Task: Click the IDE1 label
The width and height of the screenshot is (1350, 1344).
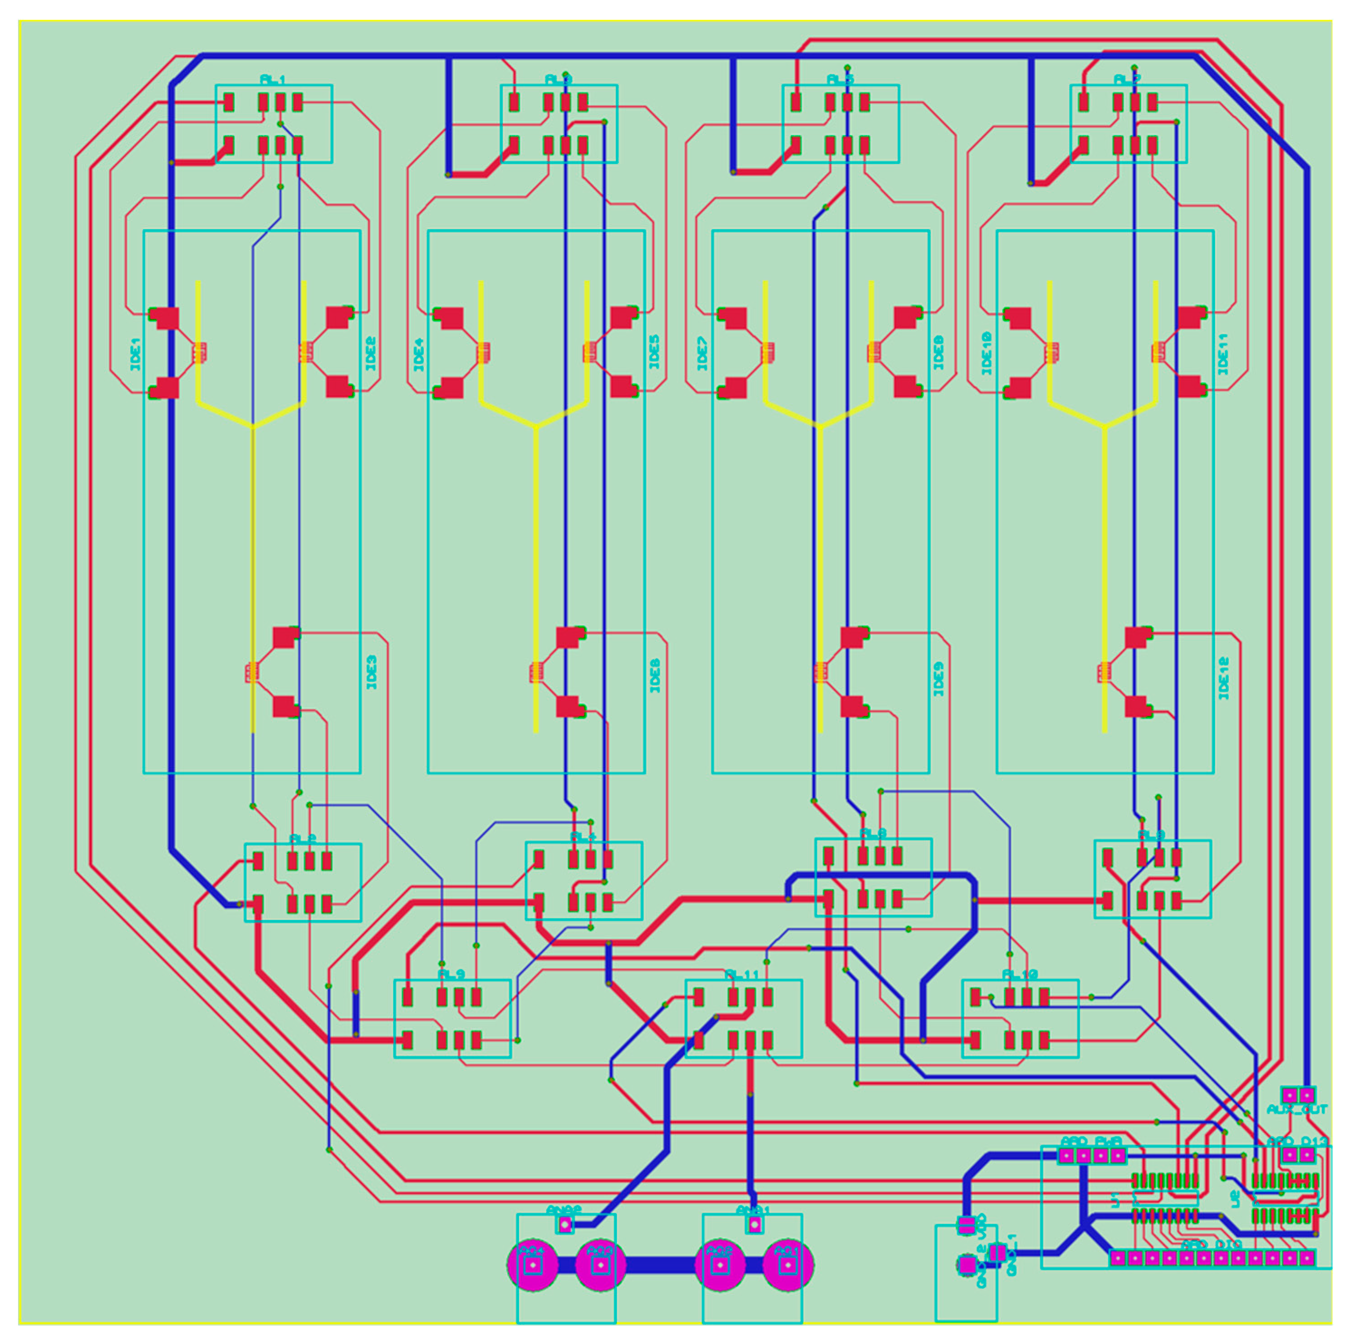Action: pyautogui.click(x=135, y=354)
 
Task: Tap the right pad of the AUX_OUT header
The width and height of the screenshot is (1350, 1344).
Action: pyautogui.click(x=1306, y=1094)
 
